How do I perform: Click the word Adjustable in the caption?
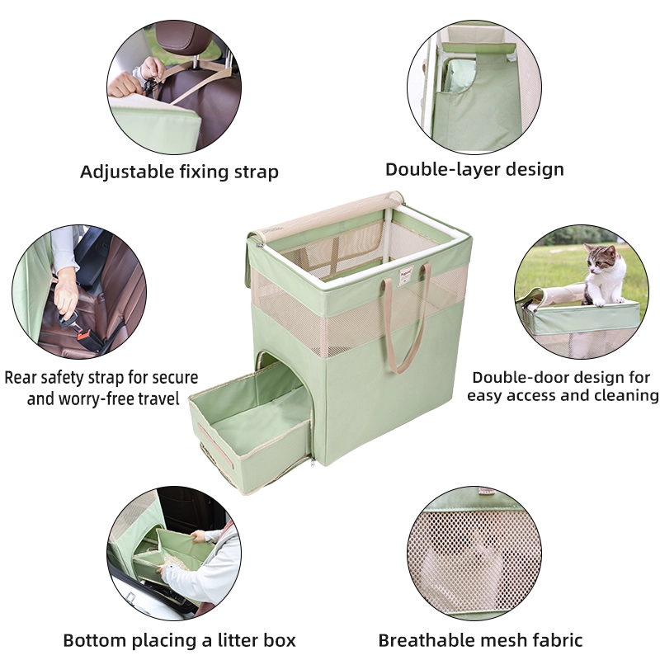[x=127, y=172]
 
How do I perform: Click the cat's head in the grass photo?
[x=600, y=260]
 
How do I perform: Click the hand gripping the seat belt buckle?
[x=66, y=294]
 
